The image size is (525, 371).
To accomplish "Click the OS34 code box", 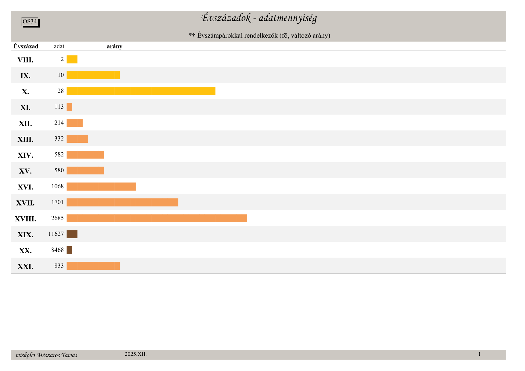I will pyautogui.click(x=30, y=22).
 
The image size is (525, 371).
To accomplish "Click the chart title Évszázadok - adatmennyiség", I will pyautogui.click(x=259, y=18).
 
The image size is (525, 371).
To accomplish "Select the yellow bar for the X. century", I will pyautogui.click(x=141, y=91).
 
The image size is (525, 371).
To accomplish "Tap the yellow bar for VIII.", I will pyautogui.click(x=72, y=60).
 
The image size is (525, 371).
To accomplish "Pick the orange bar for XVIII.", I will pyautogui.click(x=157, y=218).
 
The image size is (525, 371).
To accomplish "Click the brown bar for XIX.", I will pyautogui.click(x=72, y=234).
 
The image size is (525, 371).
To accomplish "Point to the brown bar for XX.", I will pyautogui.click(x=69, y=250).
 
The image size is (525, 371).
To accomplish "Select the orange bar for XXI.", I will pyautogui.click(x=93, y=266).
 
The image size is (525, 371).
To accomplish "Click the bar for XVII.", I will pyautogui.click(x=122, y=203).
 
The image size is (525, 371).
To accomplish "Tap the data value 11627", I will pyautogui.click(x=56, y=234).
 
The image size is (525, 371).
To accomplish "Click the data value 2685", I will pyautogui.click(x=57, y=218).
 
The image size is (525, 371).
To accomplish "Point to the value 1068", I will pyautogui.click(x=57, y=186).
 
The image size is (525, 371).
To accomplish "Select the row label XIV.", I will pyautogui.click(x=25, y=155).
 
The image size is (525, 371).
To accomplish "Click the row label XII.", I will pyautogui.click(x=25, y=124).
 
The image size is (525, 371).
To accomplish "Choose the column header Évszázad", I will pyautogui.click(x=26, y=46).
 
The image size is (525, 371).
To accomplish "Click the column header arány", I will pyautogui.click(x=114, y=46).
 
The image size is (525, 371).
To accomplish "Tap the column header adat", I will pyautogui.click(x=59, y=46).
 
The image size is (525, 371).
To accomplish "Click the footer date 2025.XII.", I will pyautogui.click(x=136, y=354).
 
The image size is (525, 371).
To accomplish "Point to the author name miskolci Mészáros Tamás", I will pyautogui.click(x=46, y=355).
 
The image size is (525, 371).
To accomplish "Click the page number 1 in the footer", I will pyautogui.click(x=479, y=354).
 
